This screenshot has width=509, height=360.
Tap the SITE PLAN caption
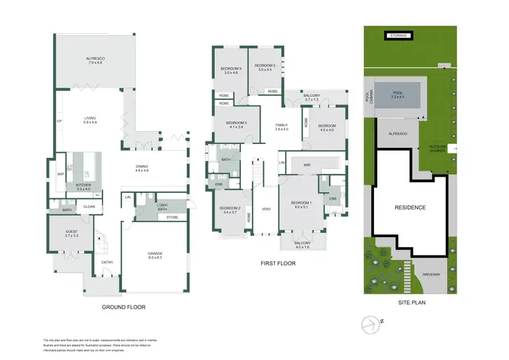point(411,302)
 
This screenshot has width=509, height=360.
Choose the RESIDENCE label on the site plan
point(410,207)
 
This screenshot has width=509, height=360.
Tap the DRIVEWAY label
point(432,274)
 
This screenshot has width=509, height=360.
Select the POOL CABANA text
point(369,100)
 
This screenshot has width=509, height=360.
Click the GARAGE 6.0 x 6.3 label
point(155,256)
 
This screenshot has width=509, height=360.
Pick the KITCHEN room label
point(83,187)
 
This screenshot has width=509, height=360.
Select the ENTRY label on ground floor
point(107,262)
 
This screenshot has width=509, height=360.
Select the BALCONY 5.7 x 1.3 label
point(311,98)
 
